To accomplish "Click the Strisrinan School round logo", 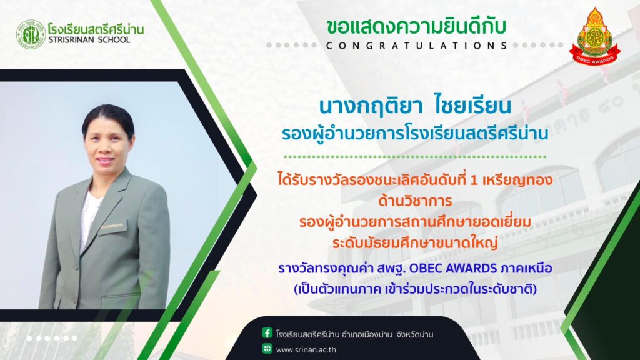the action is coord(31,35).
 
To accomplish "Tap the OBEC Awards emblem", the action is coord(594,36).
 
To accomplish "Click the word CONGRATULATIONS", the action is coord(416,46).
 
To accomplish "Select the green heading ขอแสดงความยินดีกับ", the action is coord(416,26).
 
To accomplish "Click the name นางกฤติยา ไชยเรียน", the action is coord(415,106).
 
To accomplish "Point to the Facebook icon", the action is coord(267,333).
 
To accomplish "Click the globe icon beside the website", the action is coord(267,349).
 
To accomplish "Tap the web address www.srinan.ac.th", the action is coord(306,350).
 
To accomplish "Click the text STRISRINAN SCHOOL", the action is coord(89,40).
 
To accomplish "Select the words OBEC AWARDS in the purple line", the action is coord(452,269).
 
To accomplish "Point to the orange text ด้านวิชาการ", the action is coord(415,201).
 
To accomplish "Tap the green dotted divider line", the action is coord(415,156).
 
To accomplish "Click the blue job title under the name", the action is coord(415,134).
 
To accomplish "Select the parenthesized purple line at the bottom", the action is coord(415,289).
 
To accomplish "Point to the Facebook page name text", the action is coord(354,335).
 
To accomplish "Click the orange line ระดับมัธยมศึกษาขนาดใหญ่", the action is coord(415,243).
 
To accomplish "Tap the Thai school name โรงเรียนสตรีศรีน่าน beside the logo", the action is coord(96,29).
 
